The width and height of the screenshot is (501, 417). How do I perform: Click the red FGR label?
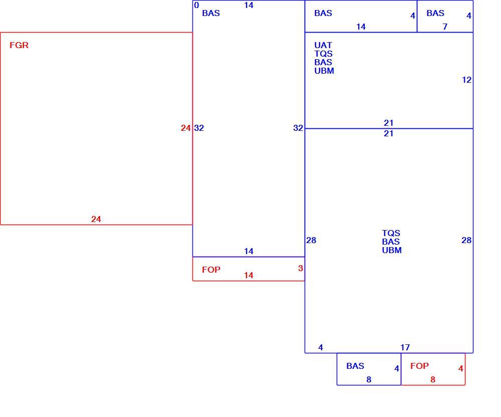click(x=19, y=46)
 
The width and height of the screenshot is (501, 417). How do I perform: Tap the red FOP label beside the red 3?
click(x=211, y=270)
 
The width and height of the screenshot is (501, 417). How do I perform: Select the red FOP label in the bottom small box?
click(x=419, y=366)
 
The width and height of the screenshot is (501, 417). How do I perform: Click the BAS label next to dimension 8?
click(x=355, y=366)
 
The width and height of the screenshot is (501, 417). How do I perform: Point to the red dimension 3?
click(x=300, y=269)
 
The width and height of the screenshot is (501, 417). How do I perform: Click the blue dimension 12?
click(x=466, y=80)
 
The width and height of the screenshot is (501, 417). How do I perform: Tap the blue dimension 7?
click(x=445, y=27)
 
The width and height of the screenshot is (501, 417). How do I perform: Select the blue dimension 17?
click(x=405, y=347)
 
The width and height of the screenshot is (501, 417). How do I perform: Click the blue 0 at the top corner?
click(x=196, y=5)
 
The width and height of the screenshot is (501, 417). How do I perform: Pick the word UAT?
click(x=323, y=46)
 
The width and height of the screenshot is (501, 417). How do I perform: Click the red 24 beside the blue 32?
click(x=186, y=128)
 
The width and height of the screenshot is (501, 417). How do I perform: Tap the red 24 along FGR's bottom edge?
click(x=96, y=219)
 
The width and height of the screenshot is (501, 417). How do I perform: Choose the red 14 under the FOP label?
click(x=248, y=276)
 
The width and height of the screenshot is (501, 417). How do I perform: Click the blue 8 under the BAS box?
click(x=369, y=379)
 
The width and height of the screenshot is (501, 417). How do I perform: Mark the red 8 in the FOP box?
click(x=433, y=379)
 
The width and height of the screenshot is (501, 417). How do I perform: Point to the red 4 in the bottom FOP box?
click(x=461, y=369)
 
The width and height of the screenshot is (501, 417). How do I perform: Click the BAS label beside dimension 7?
click(x=435, y=14)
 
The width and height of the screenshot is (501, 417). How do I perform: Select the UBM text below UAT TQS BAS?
click(x=324, y=71)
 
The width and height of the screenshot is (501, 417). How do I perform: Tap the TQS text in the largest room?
click(x=391, y=233)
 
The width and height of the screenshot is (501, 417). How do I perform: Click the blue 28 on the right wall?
click(x=466, y=240)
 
